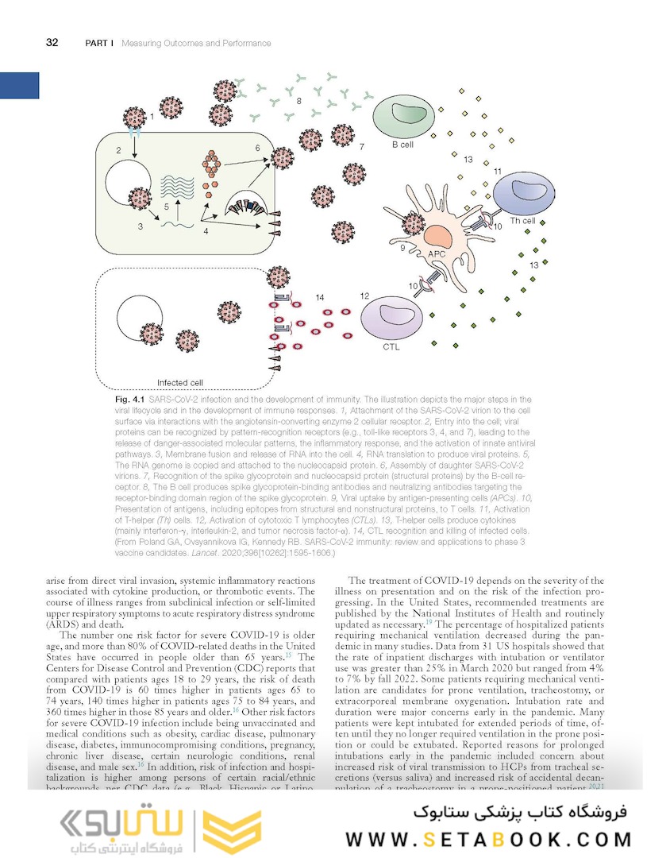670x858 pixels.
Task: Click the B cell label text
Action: (x=403, y=145)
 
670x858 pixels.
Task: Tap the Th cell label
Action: (x=522, y=220)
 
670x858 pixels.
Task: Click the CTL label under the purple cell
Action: (x=391, y=347)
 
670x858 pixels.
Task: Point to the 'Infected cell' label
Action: (x=180, y=382)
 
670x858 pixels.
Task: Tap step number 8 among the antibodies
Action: (x=299, y=102)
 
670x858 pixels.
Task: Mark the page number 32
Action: (x=52, y=43)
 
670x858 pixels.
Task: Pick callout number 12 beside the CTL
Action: (x=364, y=296)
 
